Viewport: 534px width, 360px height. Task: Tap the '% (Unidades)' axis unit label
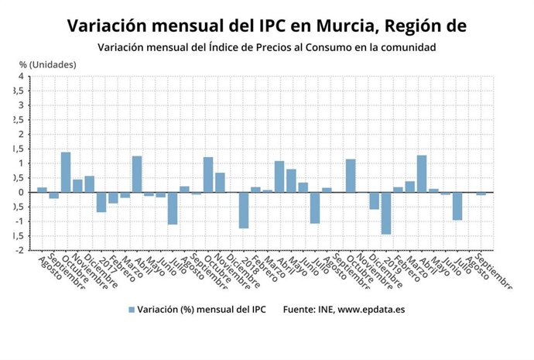pos(48,64)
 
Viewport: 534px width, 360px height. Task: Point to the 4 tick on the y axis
pos(21,77)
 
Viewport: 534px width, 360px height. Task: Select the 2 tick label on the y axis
pos(21,135)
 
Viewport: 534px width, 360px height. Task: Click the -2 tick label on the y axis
pos(19,251)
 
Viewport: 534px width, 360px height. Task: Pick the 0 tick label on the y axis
pos(21,193)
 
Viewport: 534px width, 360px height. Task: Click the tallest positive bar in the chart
pos(66,172)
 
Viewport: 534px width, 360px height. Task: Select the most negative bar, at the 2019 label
pos(385,213)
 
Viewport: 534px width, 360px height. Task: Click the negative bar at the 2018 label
pos(243,210)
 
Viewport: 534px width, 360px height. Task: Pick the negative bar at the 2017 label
pos(101,202)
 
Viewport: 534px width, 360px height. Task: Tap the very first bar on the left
pos(42,190)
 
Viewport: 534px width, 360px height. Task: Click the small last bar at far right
pos(481,194)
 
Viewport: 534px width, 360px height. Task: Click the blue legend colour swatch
pos(132,310)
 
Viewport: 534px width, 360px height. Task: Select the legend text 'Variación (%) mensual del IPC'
pos(201,310)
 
